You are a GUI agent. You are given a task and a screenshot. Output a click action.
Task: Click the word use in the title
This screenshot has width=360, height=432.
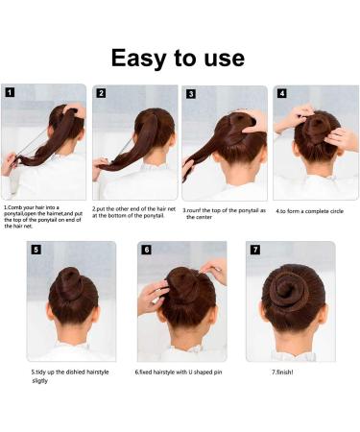coord(221,58)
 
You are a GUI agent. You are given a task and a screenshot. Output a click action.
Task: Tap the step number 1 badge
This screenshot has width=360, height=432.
coord(10,93)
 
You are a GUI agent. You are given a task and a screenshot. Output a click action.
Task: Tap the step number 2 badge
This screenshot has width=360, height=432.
coord(101,93)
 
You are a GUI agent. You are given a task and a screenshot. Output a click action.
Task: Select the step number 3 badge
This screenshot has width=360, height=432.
coord(190,94)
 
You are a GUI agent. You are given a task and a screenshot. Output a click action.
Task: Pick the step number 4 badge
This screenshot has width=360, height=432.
coord(281,93)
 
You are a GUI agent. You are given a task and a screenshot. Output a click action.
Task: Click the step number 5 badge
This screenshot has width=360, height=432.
coord(36,250)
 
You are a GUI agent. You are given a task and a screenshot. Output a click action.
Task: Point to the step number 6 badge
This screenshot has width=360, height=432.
coord(146,250)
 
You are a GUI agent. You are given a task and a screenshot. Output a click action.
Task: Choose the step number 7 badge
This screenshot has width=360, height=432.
coord(255,250)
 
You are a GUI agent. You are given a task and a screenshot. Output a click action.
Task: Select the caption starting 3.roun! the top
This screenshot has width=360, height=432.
coord(224,213)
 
